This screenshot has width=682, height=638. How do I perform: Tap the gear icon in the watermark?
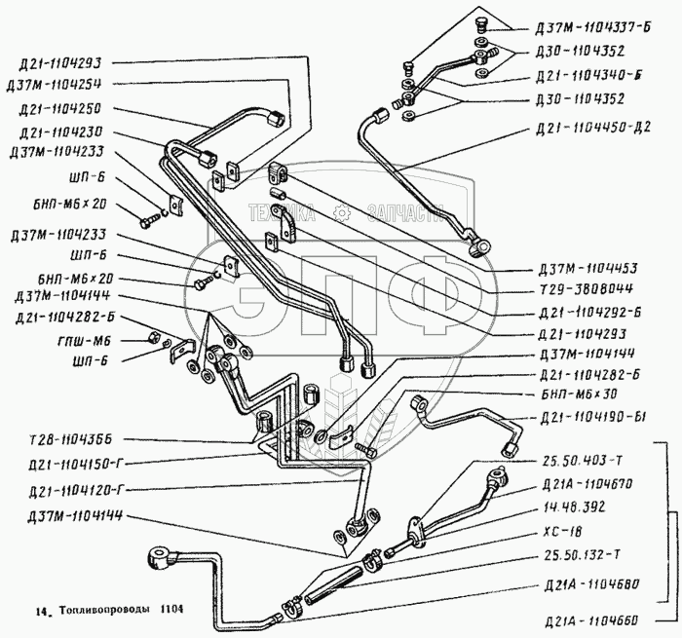pos(340,212)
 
